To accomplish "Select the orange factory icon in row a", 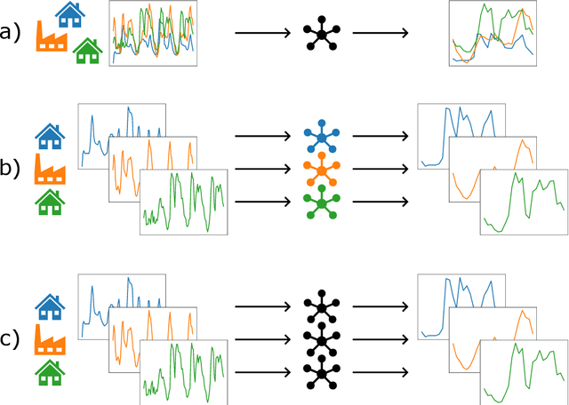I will (x=50, y=36).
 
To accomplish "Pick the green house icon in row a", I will (x=86, y=51).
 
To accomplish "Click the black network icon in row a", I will (x=320, y=33).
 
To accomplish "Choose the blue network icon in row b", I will (x=320, y=136).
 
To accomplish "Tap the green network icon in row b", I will (x=320, y=202).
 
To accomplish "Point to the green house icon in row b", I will (x=50, y=202).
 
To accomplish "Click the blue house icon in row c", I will (x=50, y=307).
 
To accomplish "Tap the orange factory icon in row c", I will (x=50, y=339).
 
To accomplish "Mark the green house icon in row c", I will (x=50, y=371).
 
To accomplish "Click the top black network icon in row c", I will (x=320, y=307).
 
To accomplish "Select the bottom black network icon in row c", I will (x=320, y=371).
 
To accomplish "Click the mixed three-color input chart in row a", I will (x=153, y=33).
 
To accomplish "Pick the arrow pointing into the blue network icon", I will (x=263, y=136).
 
